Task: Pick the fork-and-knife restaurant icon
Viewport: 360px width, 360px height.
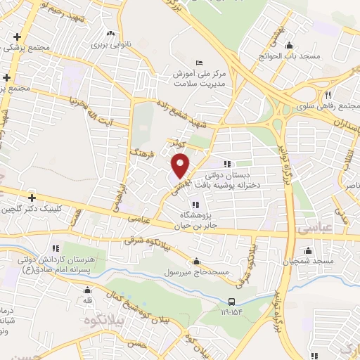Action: [328, 95]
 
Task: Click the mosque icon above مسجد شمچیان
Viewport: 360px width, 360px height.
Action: [308, 250]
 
